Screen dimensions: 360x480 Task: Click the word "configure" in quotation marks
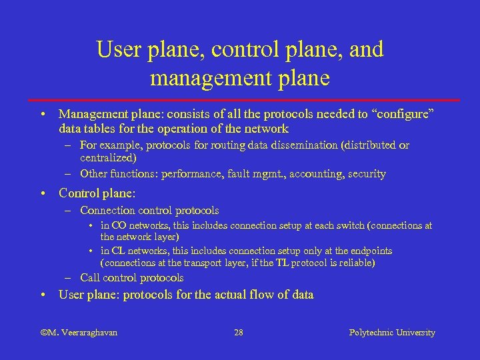pyautogui.click(x=401, y=114)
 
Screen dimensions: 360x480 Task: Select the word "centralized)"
pyautogui.click(x=108, y=158)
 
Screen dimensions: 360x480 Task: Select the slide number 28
pyautogui.click(x=239, y=332)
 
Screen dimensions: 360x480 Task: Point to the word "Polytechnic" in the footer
pyautogui.click(x=371, y=332)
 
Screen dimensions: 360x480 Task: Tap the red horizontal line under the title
pyautogui.click(x=240, y=99)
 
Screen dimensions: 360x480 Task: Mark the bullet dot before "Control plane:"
pyautogui.click(x=43, y=194)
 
